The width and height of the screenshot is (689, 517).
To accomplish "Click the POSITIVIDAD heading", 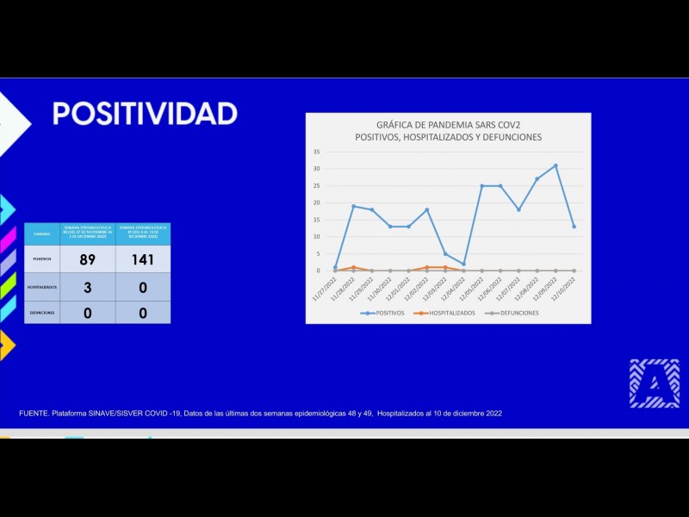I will click(x=145, y=114).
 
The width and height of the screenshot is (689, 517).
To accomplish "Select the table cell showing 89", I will click(x=86, y=258).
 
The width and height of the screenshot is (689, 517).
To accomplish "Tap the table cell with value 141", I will click(x=142, y=258).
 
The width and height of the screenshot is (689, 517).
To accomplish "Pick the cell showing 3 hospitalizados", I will click(x=86, y=287).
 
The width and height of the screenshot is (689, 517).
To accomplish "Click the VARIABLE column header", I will click(x=41, y=234).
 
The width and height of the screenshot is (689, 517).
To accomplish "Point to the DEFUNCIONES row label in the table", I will click(x=41, y=313).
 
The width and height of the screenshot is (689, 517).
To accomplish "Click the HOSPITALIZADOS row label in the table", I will click(x=41, y=287).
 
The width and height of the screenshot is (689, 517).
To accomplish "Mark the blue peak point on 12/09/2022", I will click(x=556, y=165).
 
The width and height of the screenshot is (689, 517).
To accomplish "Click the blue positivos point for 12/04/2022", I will click(x=463, y=264).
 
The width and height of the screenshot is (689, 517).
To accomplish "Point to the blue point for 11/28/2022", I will click(x=353, y=206).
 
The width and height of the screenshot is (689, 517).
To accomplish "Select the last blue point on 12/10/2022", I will click(x=574, y=227).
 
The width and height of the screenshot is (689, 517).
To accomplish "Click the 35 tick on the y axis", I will click(x=317, y=152).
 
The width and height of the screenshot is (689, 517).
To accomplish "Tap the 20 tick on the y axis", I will click(x=317, y=202).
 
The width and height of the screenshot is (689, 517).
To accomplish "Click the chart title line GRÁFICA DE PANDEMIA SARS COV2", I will click(x=448, y=124).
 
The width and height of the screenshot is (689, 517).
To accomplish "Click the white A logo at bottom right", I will click(x=654, y=383).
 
